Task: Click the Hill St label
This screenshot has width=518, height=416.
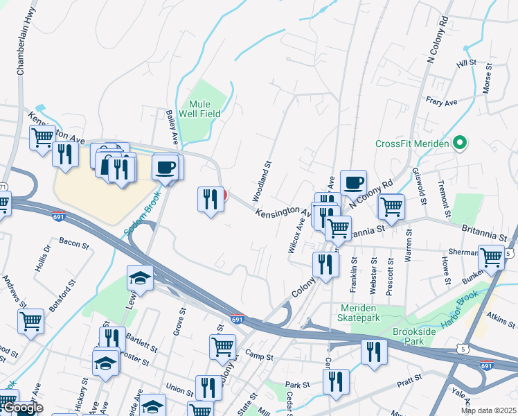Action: point(467,63)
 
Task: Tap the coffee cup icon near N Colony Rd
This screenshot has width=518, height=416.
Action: point(352,182)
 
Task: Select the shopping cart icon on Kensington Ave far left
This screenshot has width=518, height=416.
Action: point(42,137)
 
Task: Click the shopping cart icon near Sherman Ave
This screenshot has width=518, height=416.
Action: point(491,256)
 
